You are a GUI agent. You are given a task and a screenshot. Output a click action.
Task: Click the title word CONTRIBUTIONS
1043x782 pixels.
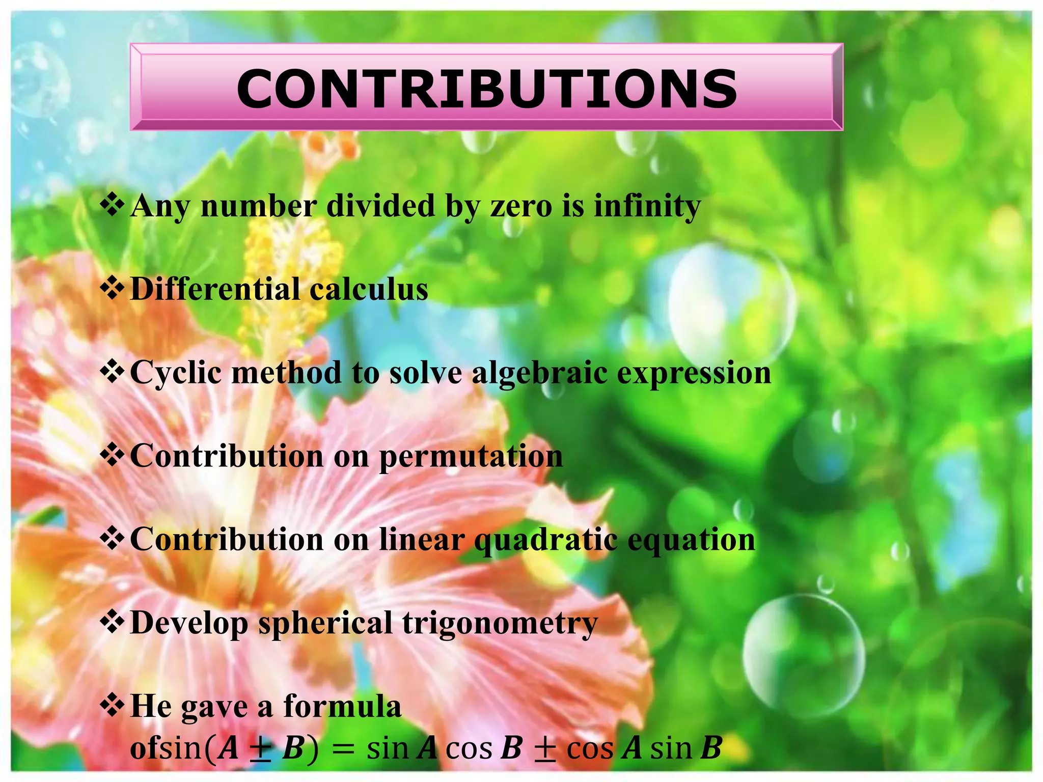(486, 89)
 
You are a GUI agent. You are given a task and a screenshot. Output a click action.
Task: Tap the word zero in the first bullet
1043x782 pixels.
(521, 206)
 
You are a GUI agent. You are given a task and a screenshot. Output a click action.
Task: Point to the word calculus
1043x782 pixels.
(369, 289)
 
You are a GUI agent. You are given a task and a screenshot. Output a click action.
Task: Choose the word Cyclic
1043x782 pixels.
(176, 373)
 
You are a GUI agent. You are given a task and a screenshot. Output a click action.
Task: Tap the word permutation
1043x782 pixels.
(471, 456)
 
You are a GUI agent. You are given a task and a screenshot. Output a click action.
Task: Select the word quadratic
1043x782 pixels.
(545, 540)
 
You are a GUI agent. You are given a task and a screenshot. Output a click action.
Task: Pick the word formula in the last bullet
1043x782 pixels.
(342, 707)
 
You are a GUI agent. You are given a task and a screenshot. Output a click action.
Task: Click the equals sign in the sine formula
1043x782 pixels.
(342, 749)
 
